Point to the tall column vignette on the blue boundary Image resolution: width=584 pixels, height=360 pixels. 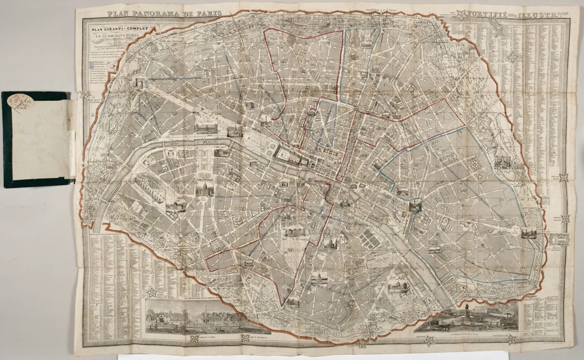point(415,206)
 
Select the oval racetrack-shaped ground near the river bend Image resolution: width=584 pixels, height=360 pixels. point(150,188)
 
